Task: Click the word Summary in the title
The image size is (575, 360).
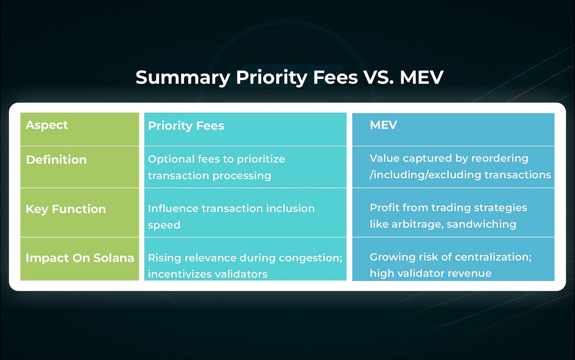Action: [182, 77]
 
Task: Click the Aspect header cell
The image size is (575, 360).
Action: [47, 125]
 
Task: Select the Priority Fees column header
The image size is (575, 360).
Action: [186, 126]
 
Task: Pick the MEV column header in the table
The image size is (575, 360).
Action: [383, 125]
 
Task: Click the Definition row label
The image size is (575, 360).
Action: [56, 159]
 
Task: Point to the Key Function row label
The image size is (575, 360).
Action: [66, 209]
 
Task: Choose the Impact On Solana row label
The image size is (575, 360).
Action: [80, 258]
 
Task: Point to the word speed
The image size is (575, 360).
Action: [164, 225]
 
